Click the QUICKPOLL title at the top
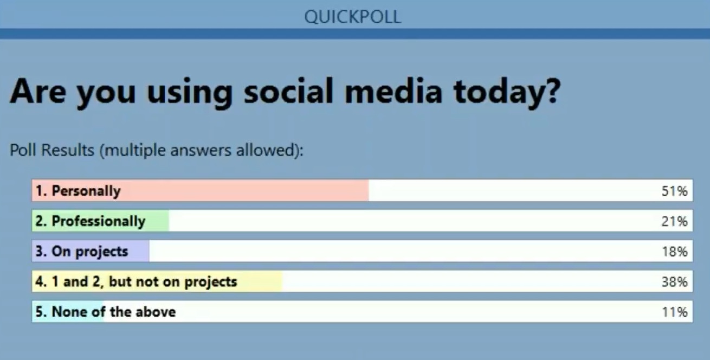[x=353, y=17]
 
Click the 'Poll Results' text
[x=52, y=150]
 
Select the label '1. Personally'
[x=78, y=191]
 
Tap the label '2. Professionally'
[x=91, y=221]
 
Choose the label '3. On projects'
[x=82, y=252]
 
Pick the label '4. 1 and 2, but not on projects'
[x=136, y=282]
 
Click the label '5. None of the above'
[x=106, y=312]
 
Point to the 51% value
[x=674, y=191]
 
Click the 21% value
[x=674, y=221]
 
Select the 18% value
[x=674, y=252]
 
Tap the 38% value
[x=674, y=282]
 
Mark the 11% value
[x=674, y=312]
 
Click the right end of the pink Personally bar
[x=369, y=190]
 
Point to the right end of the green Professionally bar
[x=169, y=221]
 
